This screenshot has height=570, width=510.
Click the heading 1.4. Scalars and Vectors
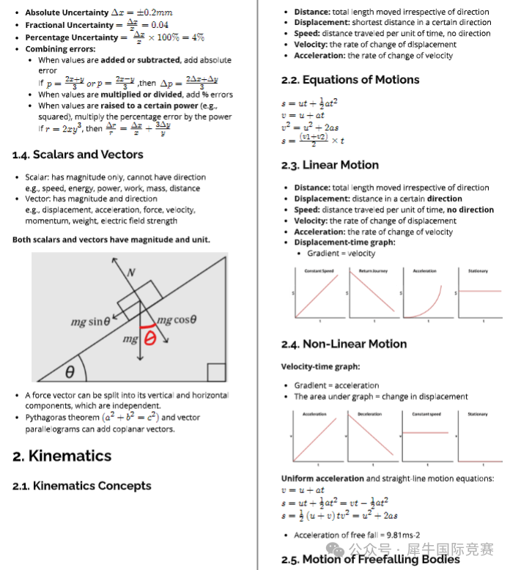[78, 155]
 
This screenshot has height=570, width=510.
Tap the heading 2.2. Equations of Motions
[350, 80]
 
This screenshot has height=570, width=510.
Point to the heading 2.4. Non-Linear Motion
[344, 344]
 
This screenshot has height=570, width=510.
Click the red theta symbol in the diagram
[150, 338]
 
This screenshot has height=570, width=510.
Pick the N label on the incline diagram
[131, 273]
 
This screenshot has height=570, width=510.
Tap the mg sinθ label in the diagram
[90, 322]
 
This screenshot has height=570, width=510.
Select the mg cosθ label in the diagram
[177, 320]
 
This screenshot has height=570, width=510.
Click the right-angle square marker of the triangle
[216, 372]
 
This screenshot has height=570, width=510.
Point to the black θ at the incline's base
[70, 372]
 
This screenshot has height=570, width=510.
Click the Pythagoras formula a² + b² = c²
[128, 417]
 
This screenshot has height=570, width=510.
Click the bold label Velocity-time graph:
[320, 366]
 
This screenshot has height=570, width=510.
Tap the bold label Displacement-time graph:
[344, 243]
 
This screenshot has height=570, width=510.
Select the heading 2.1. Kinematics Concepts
[82, 486]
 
